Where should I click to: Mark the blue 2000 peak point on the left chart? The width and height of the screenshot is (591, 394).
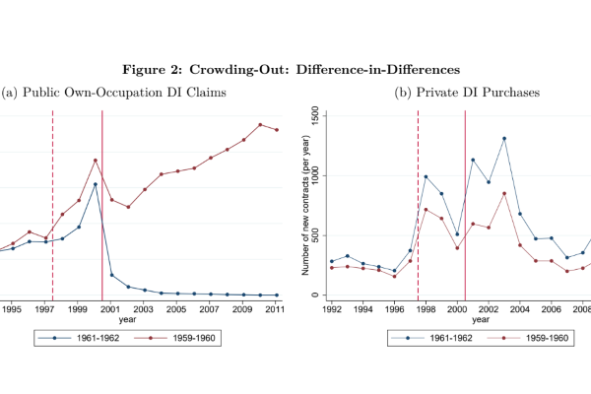click(95, 184)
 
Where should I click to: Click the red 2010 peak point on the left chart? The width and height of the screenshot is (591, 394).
click(260, 125)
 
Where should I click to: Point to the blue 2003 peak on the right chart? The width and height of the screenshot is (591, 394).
click(504, 138)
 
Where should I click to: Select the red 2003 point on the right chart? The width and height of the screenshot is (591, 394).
click(504, 193)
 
